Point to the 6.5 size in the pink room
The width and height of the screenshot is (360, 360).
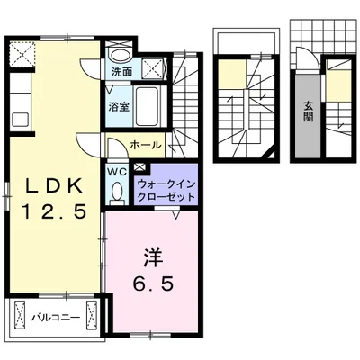pyautogui.click(x=149, y=282)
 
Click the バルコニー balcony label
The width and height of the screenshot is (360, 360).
pyautogui.click(x=56, y=318)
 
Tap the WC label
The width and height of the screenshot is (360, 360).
pyautogui.click(x=117, y=171)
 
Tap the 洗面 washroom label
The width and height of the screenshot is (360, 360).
pyautogui.click(x=121, y=70)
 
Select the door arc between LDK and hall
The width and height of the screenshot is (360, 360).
pyautogui.click(x=91, y=144)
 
